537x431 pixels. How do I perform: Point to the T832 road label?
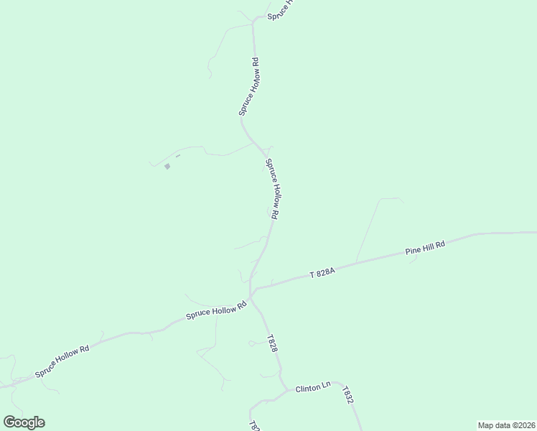click(348, 395)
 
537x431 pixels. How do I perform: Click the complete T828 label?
click(271, 343)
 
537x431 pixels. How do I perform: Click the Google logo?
click(24, 422)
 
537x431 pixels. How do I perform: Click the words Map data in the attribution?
click(494, 425)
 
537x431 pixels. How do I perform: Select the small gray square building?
click(167, 167)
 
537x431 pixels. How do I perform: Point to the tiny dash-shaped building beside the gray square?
click(177, 155)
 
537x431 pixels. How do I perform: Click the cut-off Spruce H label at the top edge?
click(280, 9)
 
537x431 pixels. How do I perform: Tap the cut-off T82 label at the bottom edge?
click(253, 425)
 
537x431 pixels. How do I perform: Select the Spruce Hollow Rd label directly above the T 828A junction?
click(272, 189)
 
